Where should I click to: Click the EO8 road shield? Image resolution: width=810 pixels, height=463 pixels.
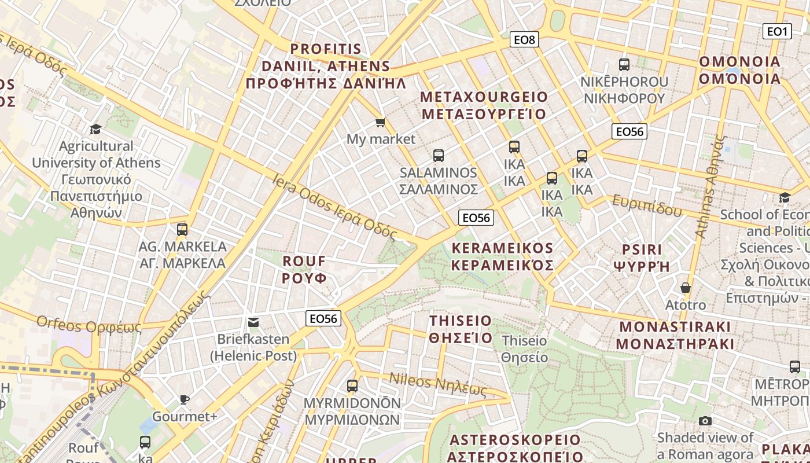click(525, 39)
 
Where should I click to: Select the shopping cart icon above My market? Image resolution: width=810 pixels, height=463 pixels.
click(380, 122)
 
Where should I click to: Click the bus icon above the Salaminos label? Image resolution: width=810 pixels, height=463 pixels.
click(439, 155)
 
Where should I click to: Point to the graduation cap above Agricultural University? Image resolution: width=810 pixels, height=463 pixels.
click(95, 128)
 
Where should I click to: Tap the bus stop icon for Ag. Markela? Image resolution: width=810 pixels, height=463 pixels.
click(182, 229)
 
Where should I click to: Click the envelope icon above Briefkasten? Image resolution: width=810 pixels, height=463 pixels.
click(253, 322)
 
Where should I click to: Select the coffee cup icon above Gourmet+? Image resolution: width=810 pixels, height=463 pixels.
click(184, 399)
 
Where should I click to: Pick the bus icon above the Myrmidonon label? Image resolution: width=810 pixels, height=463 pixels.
click(352, 385)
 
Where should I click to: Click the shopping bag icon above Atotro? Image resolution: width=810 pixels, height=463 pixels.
click(686, 288)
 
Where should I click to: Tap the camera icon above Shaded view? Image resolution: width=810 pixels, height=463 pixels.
click(705, 421)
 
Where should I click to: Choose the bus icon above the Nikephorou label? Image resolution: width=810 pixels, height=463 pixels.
click(624, 65)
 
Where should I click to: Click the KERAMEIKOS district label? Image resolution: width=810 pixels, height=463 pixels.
click(502, 256)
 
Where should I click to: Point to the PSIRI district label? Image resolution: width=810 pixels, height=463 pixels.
click(641, 258)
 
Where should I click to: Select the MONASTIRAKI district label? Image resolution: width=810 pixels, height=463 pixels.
click(675, 335)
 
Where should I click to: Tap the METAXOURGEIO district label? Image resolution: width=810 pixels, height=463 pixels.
click(484, 105)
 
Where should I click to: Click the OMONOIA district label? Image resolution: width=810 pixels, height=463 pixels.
click(740, 69)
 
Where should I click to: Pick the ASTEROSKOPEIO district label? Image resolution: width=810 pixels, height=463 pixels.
click(515, 448)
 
